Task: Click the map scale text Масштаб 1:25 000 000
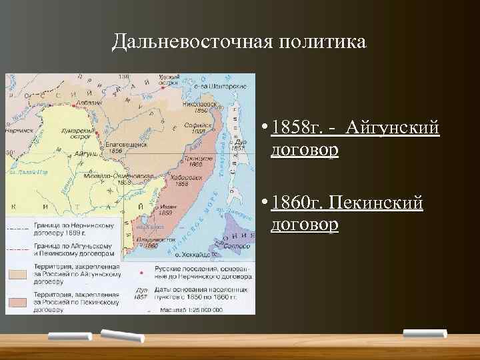[195, 311]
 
